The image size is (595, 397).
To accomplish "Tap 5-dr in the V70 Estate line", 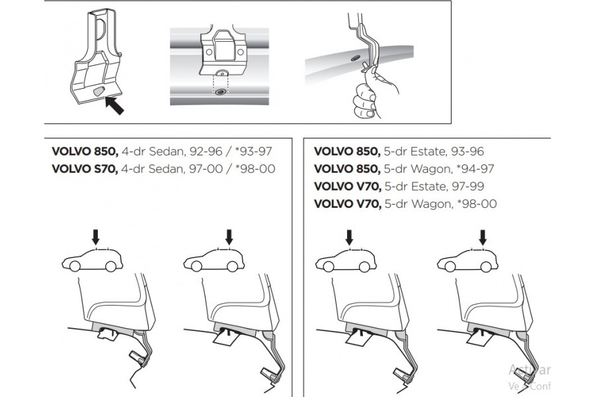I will pyautogui.click(x=394, y=187).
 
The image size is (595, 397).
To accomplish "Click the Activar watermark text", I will pyautogui.click(x=529, y=371).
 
